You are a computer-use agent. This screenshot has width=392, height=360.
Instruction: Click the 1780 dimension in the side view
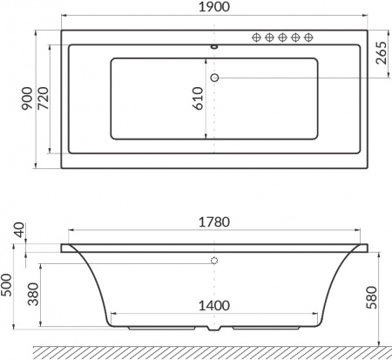click(213, 222)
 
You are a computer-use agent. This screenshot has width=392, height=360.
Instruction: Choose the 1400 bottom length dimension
click(213, 306)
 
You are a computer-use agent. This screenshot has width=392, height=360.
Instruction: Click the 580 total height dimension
click(371, 296)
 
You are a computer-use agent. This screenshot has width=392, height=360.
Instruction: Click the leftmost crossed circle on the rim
click(257, 37)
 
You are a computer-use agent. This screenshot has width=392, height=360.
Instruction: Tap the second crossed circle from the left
click(270, 37)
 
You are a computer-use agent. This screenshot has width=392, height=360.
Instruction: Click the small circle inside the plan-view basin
click(214, 78)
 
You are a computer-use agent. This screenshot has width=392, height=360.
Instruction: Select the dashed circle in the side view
click(214, 261)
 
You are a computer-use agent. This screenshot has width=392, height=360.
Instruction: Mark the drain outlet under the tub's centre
click(214, 331)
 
